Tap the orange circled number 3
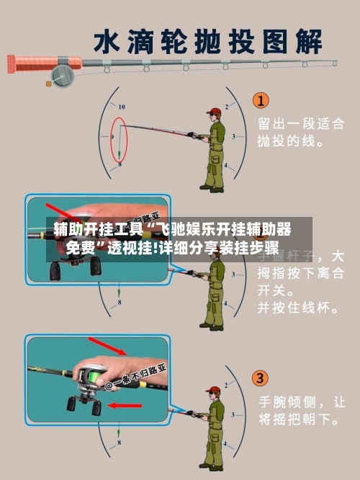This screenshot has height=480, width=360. [260, 378]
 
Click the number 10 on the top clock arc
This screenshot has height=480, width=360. [121, 107]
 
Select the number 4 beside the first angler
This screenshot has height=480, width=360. [225, 165]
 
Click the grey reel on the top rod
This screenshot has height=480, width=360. [63, 73]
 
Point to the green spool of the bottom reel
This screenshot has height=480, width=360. [92, 375]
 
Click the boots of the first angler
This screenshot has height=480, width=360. [212, 188]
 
